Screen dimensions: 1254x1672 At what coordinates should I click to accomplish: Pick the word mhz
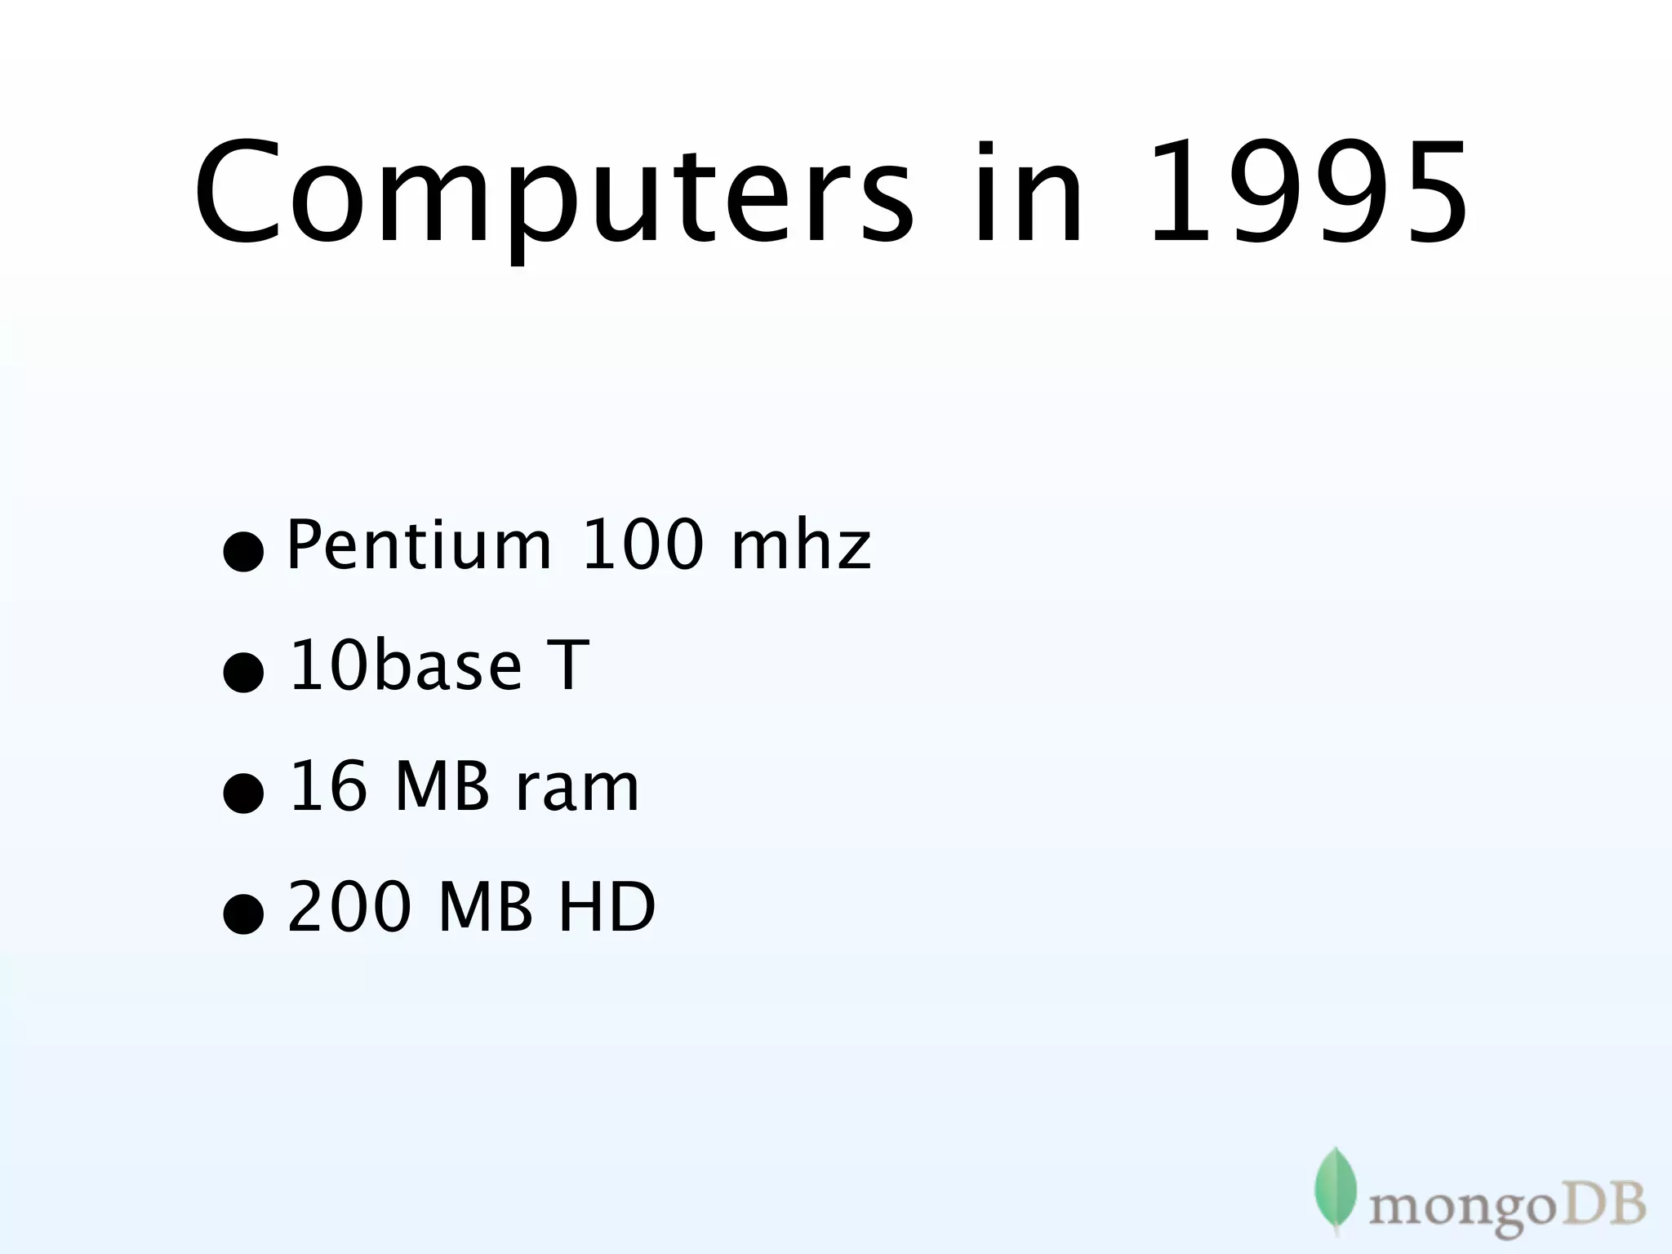(x=801, y=545)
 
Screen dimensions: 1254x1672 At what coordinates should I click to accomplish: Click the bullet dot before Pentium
(x=243, y=551)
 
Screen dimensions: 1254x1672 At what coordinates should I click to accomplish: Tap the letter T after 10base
(x=566, y=665)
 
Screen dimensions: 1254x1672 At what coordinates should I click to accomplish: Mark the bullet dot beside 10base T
(x=243, y=672)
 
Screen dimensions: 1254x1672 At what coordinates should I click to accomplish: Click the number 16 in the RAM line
(x=328, y=785)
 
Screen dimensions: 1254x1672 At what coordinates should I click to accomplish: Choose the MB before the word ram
(x=442, y=785)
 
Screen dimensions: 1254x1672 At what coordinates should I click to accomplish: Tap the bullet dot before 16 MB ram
(x=243, y=793)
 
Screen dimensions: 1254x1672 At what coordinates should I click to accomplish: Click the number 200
(x=349, y=906)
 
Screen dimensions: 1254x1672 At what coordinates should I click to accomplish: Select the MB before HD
(x=486, y=906)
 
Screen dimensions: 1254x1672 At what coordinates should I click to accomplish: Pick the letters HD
(x=607, y=906)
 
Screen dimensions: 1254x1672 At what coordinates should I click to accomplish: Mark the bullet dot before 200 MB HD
(x=243, y=913)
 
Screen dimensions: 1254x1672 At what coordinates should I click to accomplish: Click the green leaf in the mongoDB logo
(x=1335, y=1189)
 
